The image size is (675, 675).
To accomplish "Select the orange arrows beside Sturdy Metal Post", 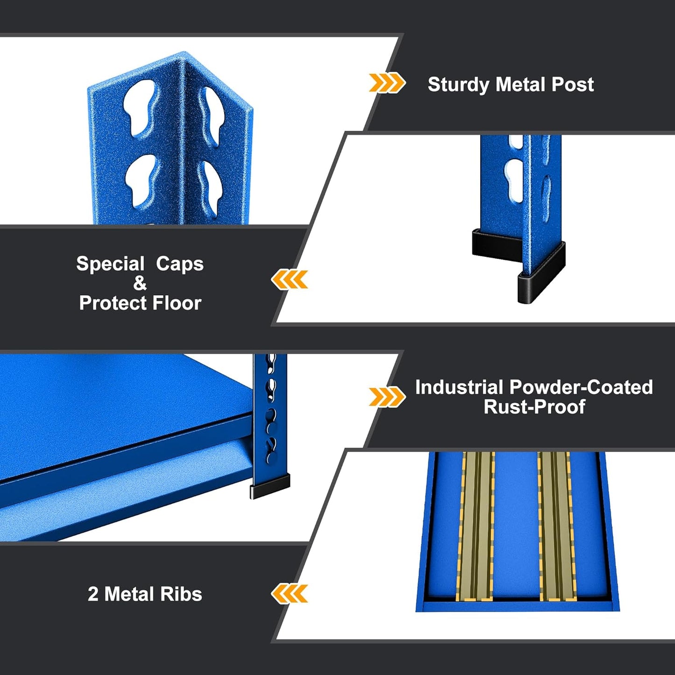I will pyautogui.click(x=386, y=83).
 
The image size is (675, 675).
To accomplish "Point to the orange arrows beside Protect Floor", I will pyautogui.click(x=290, y=279).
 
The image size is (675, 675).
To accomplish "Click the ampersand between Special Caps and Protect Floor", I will pyautogui.click(x=140, y=284).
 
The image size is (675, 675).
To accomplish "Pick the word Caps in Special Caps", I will pyautogui.click(x=180, y=264).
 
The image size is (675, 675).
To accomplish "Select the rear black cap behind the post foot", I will pyautogui.click(x=495, y=243).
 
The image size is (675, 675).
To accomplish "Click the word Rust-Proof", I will pyautogui.click(x=534, y=407).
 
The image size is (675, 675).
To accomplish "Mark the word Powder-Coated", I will pyautogui.click(x=581, y=387).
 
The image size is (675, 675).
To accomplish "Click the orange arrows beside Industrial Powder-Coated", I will pyautogui.click(x=386, y=397).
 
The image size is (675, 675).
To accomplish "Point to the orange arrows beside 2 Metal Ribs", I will pyautogui.click(x=290, y=594).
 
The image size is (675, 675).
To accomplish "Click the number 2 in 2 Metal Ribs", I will pyautogui.click(x=93, y=594).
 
